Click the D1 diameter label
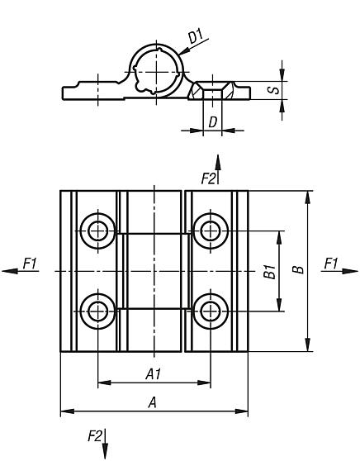click(197, 38)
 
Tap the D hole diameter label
click(212, 122)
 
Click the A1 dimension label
click(153, 373)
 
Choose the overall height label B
click(297, 269)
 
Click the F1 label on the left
click(30, 263)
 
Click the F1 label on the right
click(331, 263)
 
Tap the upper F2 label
click(208, 178)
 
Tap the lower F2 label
click(94, 435)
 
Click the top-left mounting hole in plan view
click(99, 229)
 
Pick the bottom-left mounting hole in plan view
click(99, 311)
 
